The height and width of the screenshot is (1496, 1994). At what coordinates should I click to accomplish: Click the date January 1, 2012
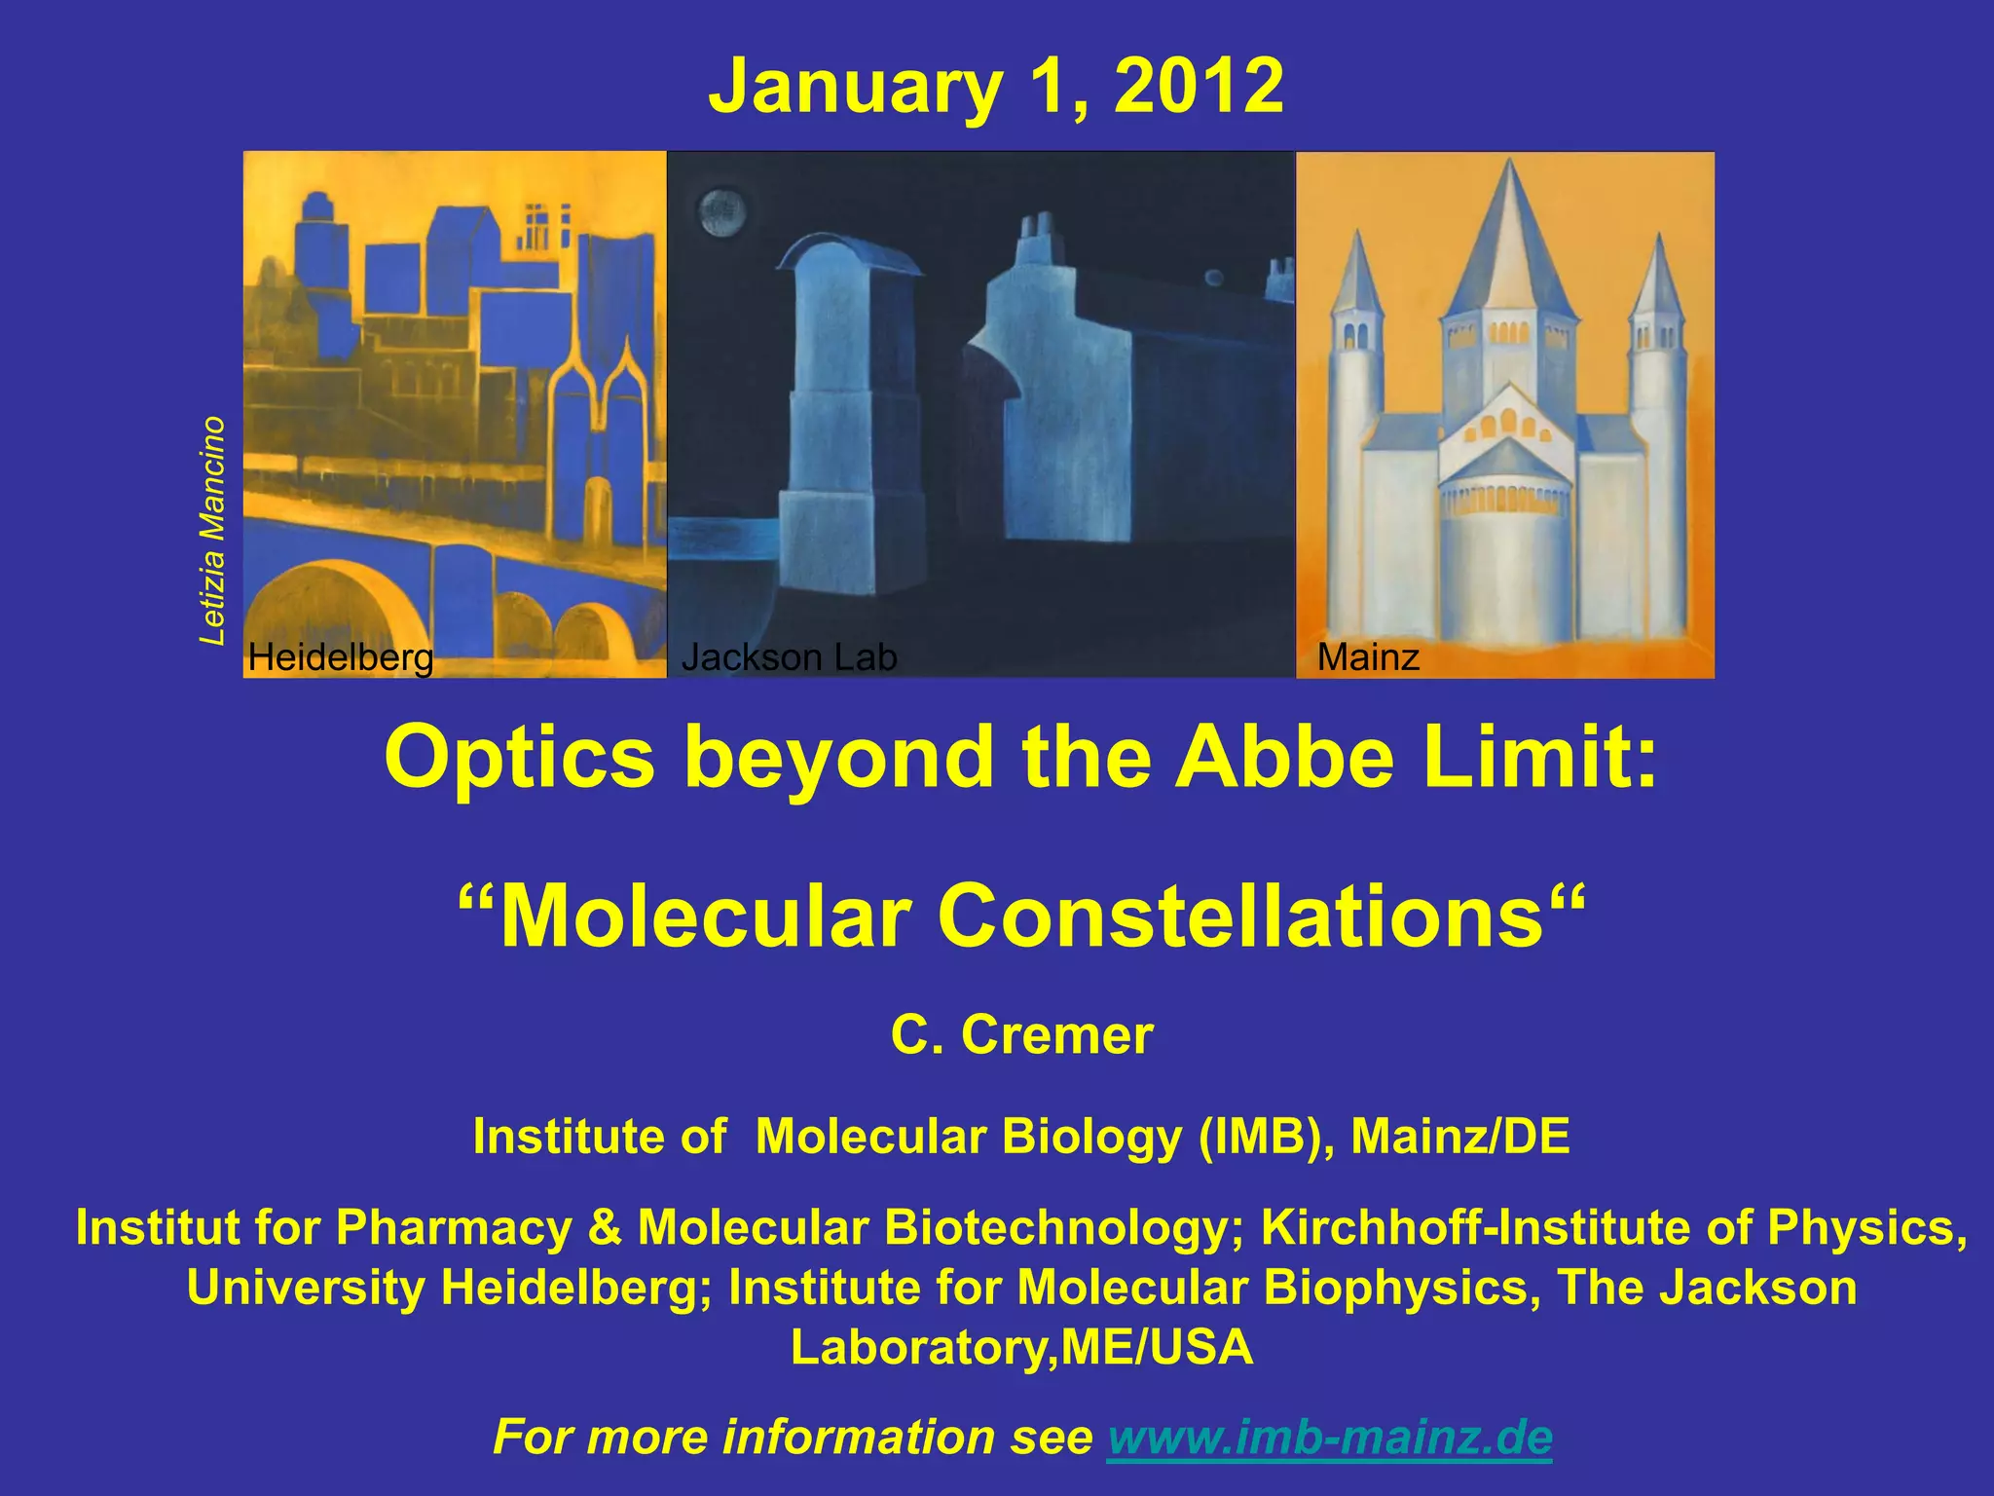pyautogui.click(x=996, y=87)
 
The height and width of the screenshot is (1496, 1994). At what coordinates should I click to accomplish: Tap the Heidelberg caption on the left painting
pyautogui.click(x=341, y=657)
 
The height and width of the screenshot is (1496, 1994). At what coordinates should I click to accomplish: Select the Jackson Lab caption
pyautogui.click(x=789, y=657)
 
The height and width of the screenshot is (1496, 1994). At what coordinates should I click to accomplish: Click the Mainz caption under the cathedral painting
pyautogui.click(x=1368, y=657)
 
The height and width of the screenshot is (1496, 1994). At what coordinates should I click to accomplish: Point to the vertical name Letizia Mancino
pyautogui.click(x=212, y=531)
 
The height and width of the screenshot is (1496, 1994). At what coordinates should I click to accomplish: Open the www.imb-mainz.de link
pyautogui.click(x=1330, y=1437)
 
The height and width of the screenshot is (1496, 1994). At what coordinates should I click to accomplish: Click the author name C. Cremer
pyautogui.click(x=1021, y=1034)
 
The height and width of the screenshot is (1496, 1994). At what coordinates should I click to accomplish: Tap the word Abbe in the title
pyautogui.click(x=1285, y=758)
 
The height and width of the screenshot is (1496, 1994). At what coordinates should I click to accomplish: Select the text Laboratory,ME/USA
pyautogui.click(x=1021, y=1348)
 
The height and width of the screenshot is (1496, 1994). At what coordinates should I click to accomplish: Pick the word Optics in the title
pyautogui.click(x=520, y=758)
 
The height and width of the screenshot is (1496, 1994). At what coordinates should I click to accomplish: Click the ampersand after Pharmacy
pyautogui.click(x=604, y=1227)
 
